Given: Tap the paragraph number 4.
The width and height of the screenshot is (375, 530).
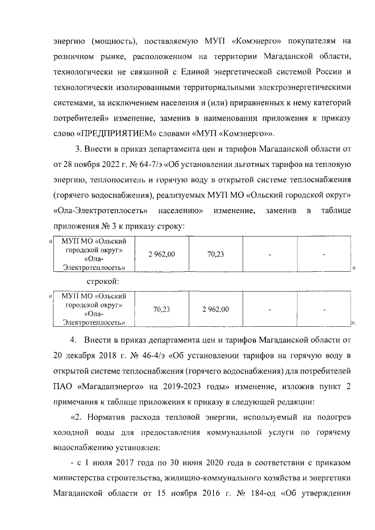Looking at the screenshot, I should click(73, 341).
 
